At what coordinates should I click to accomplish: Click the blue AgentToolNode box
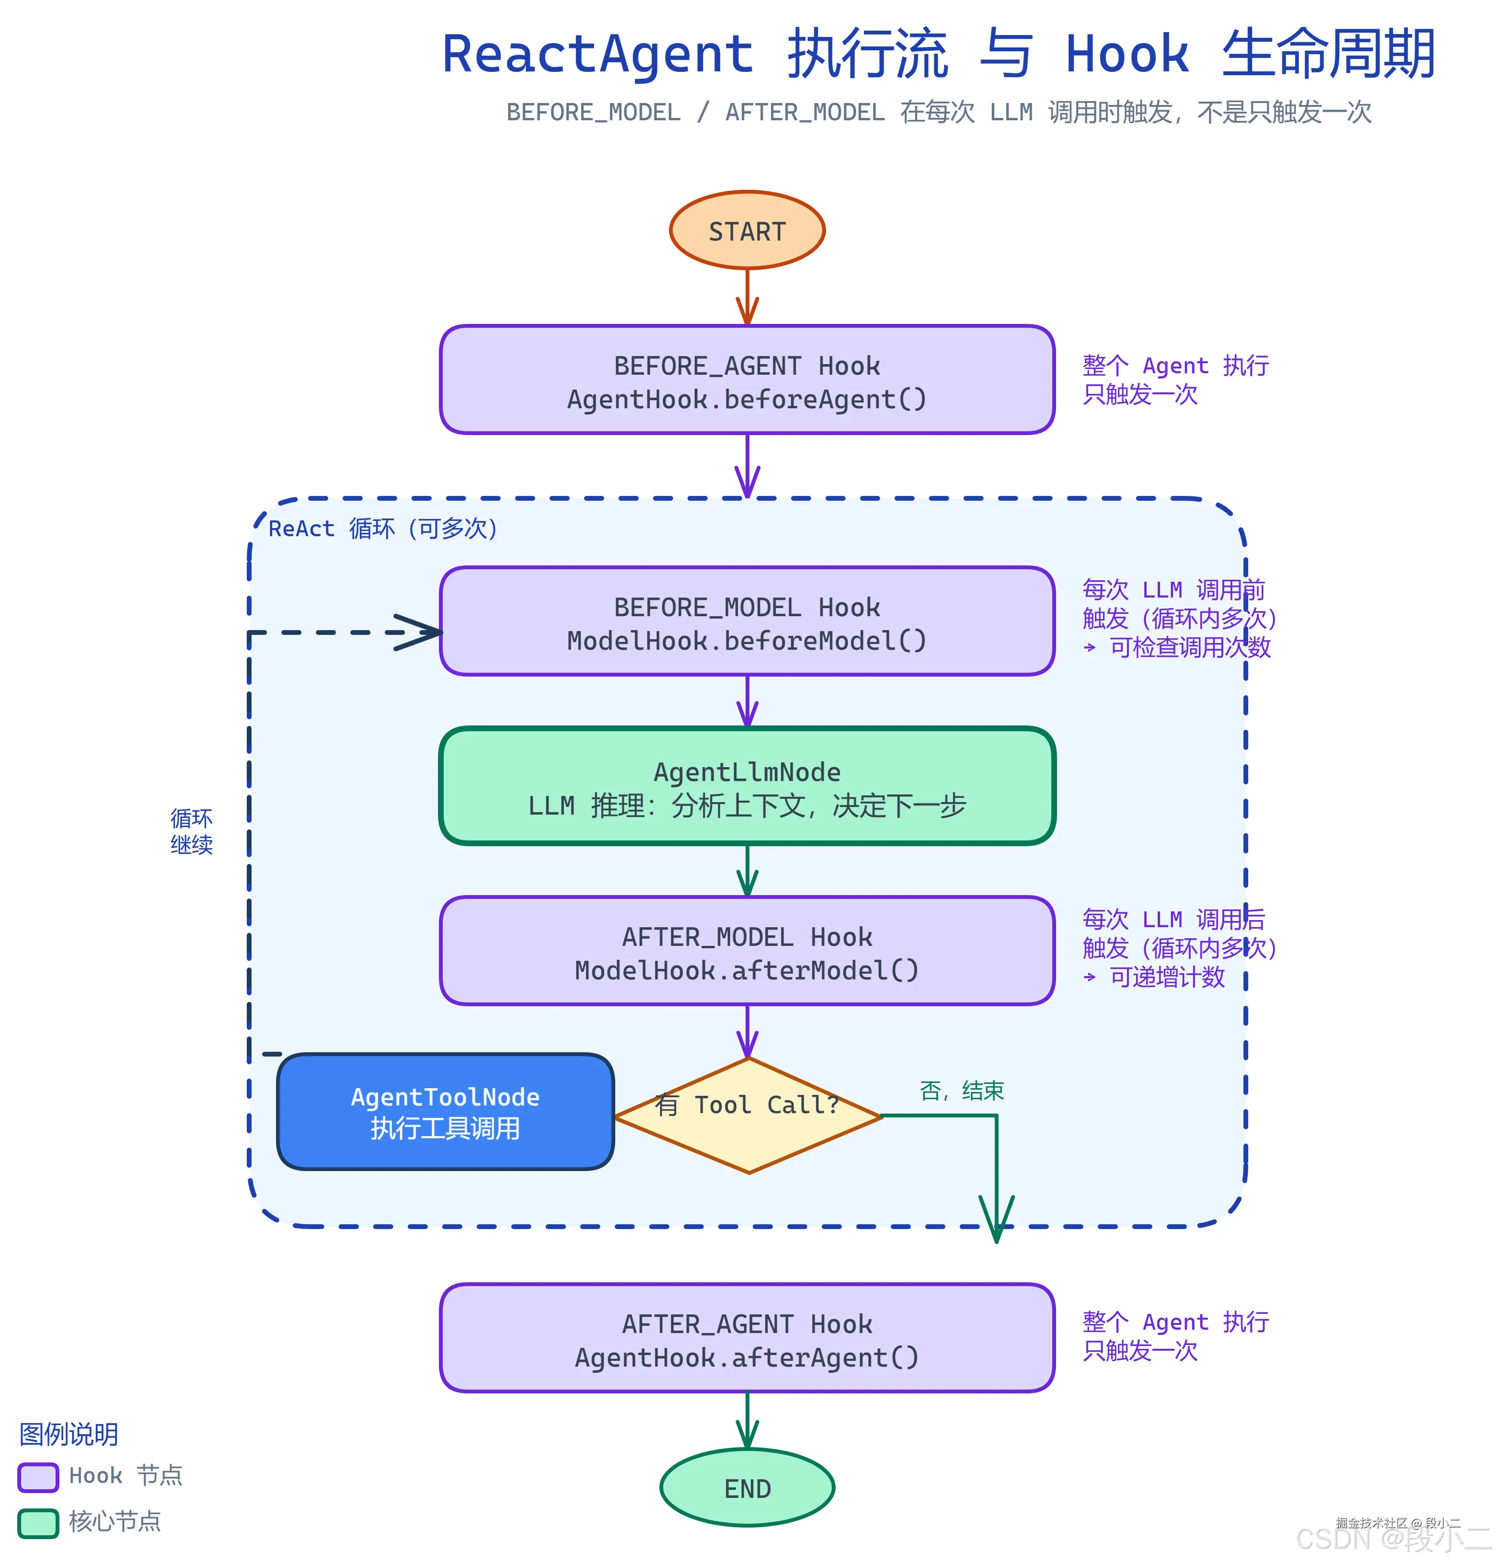coord(445,1112)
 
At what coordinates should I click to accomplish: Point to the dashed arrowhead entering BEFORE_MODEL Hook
coord(418,632)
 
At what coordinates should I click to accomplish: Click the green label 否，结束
coord(961,1091)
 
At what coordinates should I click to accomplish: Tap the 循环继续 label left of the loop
coord(191,831)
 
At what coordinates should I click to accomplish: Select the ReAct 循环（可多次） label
coord(382,528)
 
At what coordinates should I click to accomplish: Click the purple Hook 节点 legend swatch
coord(38,1476)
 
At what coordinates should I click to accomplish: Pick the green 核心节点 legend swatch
coord(38,1523)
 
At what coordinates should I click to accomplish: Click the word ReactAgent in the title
coord(598,54)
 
